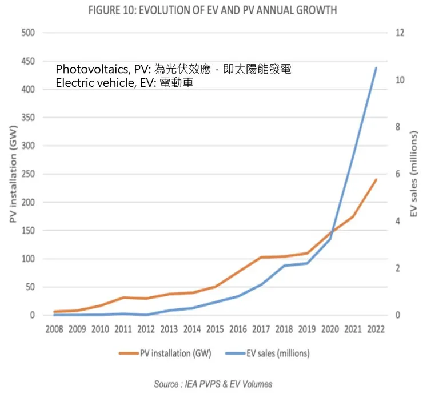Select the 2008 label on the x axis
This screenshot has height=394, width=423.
[54, 329]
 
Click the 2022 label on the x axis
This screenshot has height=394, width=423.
[375, 329]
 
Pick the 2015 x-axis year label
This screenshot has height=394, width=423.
[214, 329]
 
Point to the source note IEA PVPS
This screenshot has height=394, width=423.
[213, 384]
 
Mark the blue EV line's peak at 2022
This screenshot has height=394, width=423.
[375, 68]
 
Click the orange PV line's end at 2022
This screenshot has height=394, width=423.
[375, 180]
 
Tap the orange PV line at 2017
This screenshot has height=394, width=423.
[261, 257]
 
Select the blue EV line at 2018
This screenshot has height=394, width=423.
[284, 266]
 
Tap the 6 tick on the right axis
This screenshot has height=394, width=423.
[397, 174]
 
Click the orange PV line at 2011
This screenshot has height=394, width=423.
[123, 297]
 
